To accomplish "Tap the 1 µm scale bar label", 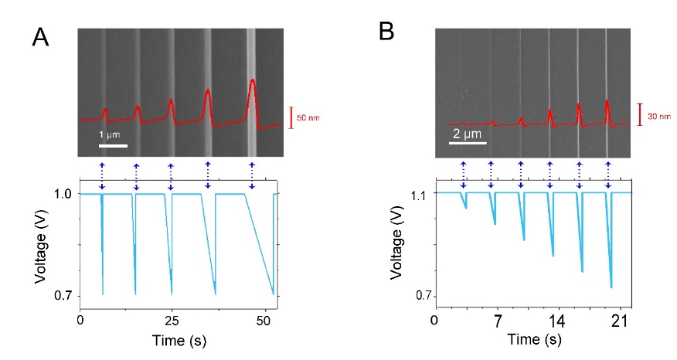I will [111, 134].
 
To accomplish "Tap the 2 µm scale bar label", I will [467, 133].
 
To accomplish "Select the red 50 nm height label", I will [308, 117].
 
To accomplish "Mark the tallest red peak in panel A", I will [252, 80].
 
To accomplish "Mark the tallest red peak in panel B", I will [607, 100].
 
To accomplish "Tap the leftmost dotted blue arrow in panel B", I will [462, 175].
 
